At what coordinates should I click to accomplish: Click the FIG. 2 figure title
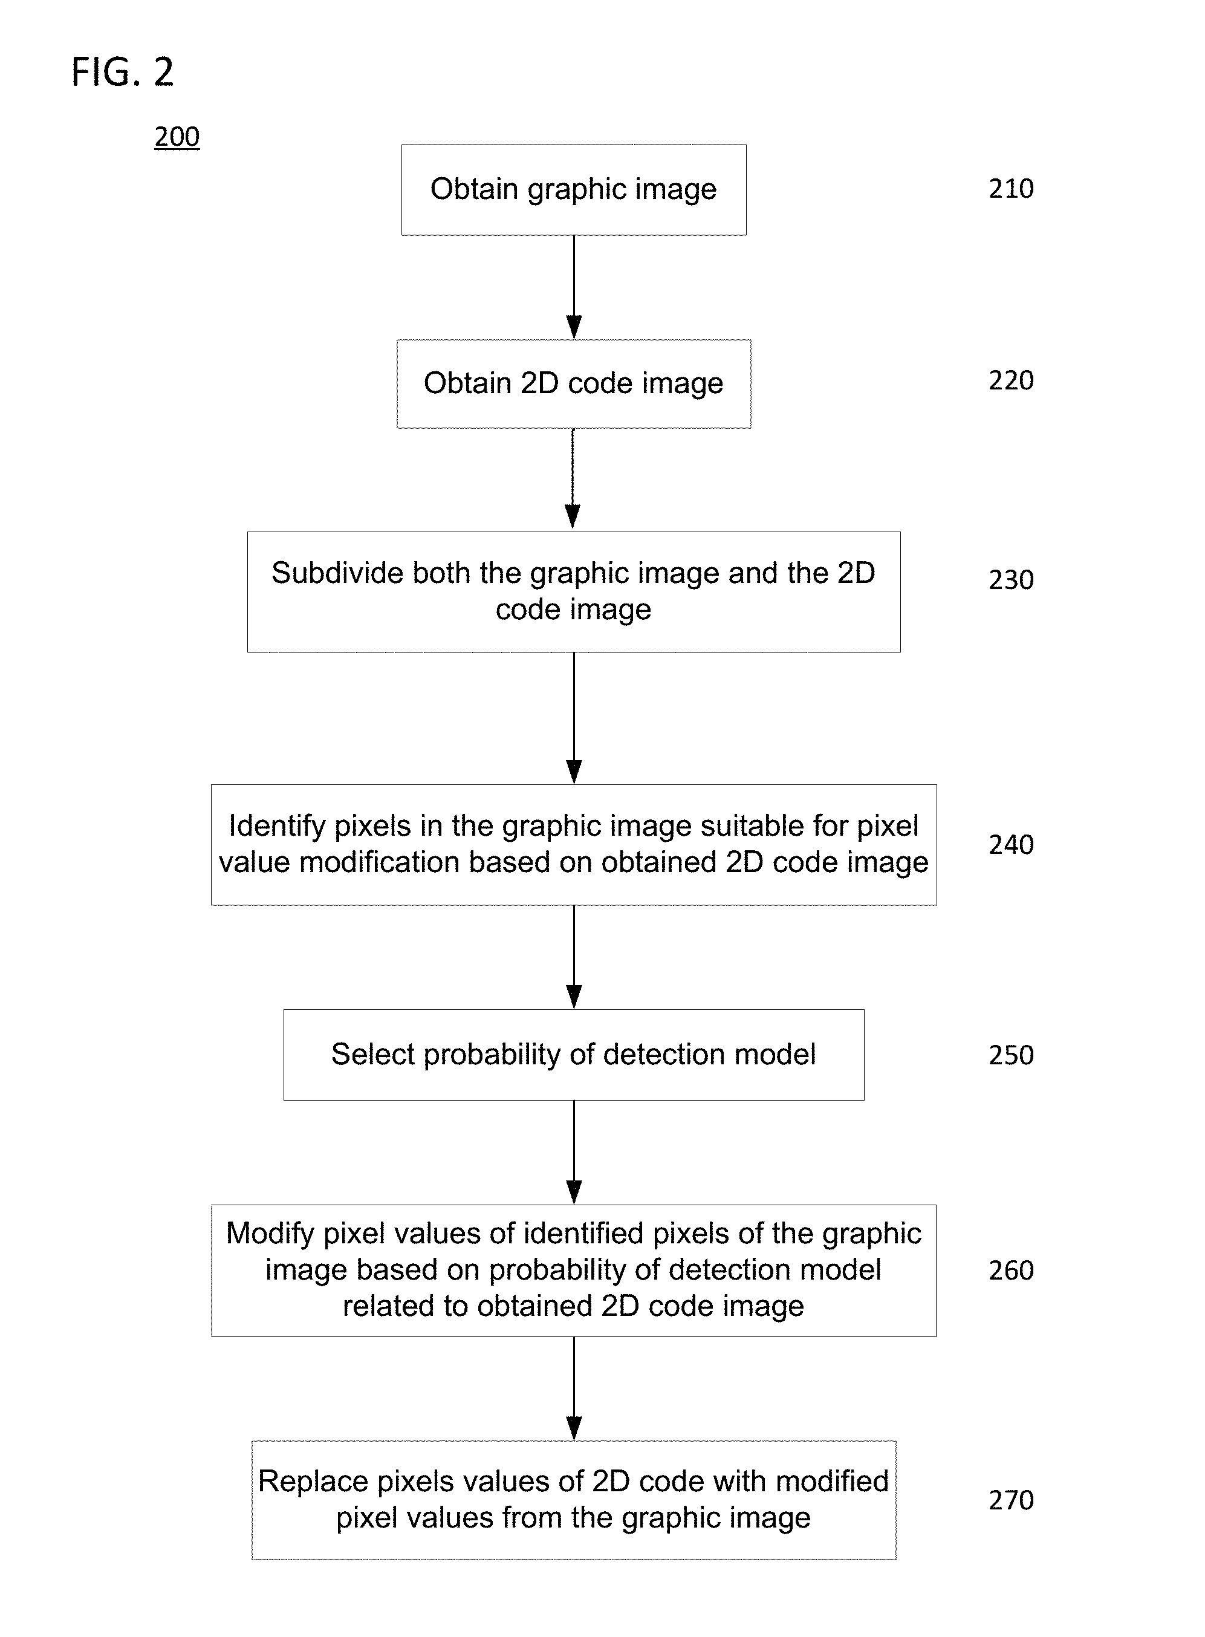123,72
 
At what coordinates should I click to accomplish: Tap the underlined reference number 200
177,137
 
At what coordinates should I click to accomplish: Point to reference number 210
1011,189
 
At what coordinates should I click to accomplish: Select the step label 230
1011,580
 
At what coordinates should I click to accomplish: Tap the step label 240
1011,845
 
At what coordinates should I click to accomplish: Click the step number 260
1011,1271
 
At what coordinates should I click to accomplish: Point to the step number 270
1011,1500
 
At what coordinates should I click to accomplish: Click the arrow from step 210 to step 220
574,287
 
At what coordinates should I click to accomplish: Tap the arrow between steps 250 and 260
574,1153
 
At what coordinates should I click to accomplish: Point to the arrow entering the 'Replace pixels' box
574,1389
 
